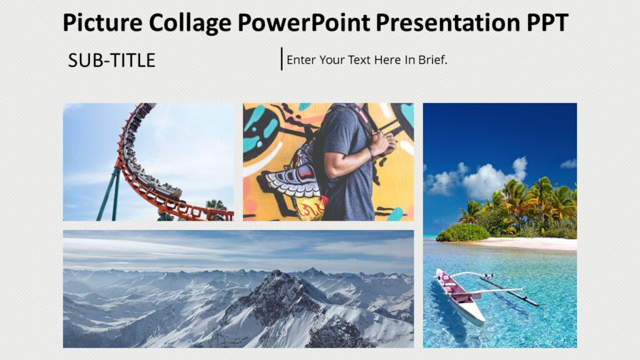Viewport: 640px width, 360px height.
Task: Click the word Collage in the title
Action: point(191,23)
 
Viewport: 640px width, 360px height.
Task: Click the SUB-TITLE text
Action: point(112,61)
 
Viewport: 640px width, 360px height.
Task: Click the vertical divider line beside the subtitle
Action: point(282,59)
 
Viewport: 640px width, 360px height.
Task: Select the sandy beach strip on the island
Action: point(531,244)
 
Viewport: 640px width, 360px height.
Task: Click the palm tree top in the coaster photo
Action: point(216,205)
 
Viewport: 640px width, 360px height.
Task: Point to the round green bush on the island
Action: point(462,233)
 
